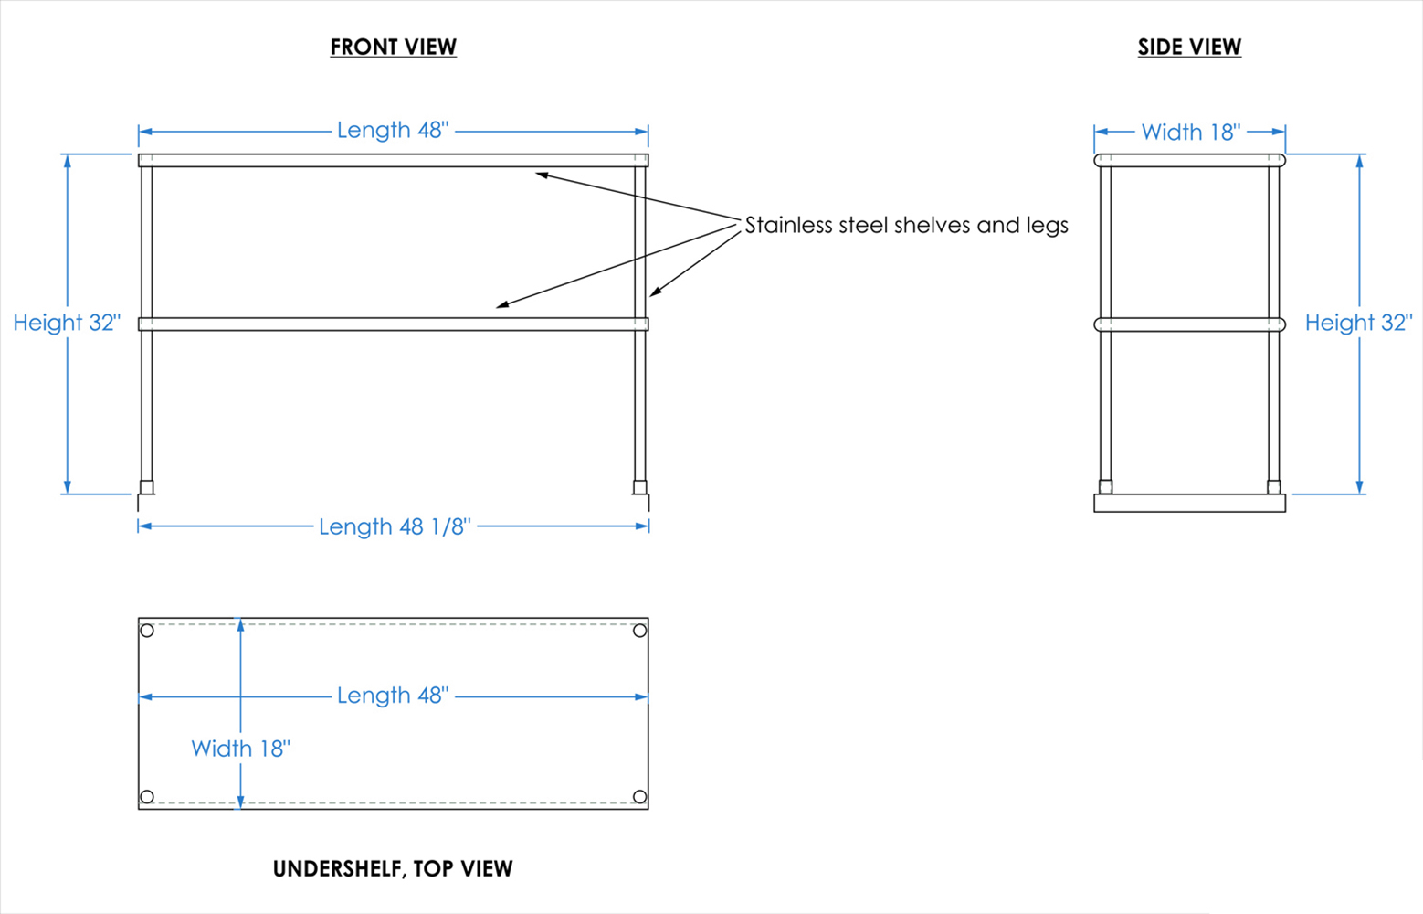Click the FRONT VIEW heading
point(393,47)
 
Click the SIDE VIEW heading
point(1189,47)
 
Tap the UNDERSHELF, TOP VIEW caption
point(393,868)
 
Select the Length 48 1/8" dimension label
point(395,526)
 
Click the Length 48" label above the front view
point(393,130)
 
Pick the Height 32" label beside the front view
point(67,323)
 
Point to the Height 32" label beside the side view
point(1358,323)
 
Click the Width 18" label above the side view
point(1191,133)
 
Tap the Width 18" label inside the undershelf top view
point(240,749)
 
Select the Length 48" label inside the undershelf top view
point(393,696)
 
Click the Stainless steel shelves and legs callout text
point(906,225)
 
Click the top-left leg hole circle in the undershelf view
point(147,631)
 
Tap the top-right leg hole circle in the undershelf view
point(640,631)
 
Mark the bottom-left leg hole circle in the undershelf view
point(147,797)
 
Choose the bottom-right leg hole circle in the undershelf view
point(640,797)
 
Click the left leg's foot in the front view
point(146,488)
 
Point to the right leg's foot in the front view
point(640,488)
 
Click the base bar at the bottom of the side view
point(1189,503)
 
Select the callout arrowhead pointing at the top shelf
point(542,174)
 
